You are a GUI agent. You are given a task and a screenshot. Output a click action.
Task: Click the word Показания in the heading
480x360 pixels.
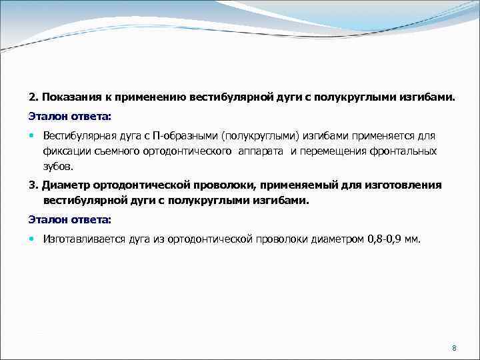pos(68,97)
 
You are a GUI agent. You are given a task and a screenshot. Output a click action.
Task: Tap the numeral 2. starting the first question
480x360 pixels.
pos(33,97)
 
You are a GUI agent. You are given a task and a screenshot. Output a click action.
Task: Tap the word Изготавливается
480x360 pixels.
pos(81,238)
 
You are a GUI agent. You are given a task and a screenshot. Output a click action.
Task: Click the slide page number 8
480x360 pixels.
pos(453,349)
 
